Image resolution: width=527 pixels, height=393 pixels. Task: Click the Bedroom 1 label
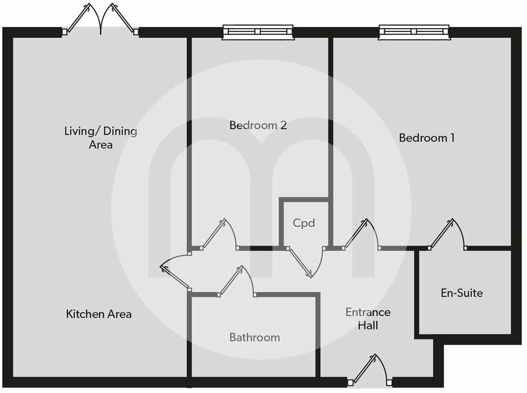427,138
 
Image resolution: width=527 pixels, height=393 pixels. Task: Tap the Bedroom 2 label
258,125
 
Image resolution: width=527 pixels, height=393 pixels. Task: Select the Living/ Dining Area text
101,138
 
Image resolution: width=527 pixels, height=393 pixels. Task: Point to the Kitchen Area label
99,314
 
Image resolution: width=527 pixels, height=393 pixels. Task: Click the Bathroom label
254,337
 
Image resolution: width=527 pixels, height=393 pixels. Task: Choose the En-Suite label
462,293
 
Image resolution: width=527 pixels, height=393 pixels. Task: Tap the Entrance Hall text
368,319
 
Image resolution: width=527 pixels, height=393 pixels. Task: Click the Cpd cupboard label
303,222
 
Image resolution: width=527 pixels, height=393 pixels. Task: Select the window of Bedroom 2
259,32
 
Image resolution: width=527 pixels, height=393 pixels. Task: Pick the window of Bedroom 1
414,32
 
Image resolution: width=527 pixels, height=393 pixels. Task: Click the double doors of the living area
100,22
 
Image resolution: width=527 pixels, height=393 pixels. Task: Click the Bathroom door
237,282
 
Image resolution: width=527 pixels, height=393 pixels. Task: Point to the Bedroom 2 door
219,235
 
